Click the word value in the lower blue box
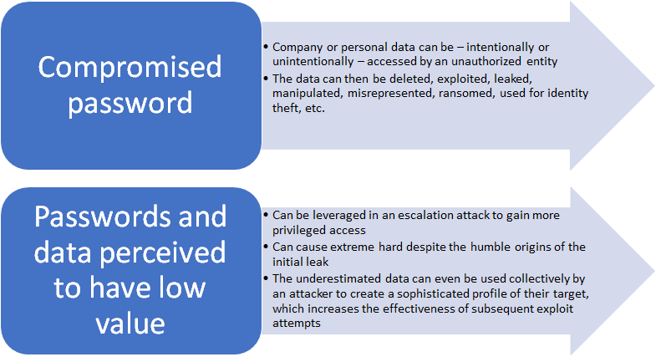click(130, 324)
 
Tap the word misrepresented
click(390, 94)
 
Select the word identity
click(567, 93)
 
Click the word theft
click(286, 108)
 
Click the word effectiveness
click(421, 308)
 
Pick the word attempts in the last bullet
click(296, 324)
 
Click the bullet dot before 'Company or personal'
click(266, 47)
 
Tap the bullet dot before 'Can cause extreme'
click(266, 247)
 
